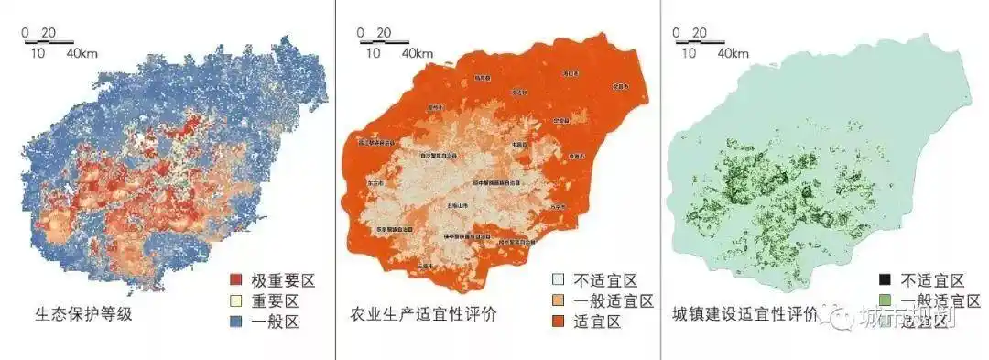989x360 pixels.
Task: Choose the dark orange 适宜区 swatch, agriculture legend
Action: (559, 321)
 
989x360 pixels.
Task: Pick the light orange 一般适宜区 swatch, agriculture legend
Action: (559, 300)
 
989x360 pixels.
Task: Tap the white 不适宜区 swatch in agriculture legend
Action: (559, 280)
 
